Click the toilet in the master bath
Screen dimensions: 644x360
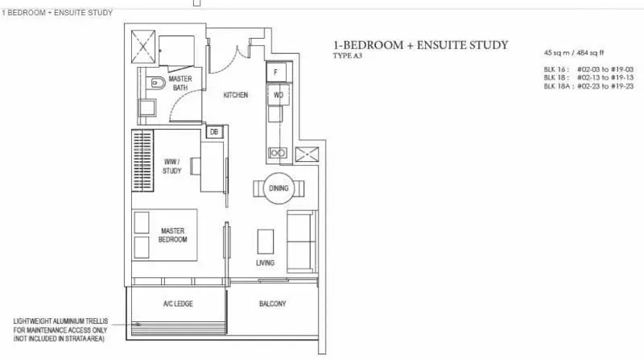click(x=155, y=84)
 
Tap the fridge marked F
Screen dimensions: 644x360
click(x=276, y=72)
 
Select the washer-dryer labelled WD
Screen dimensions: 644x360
click(x=278, y=95)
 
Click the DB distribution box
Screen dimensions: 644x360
click(x=214, y=132)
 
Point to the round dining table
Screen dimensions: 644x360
click(x=279, y=188)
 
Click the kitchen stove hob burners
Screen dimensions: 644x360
click(x=278, y=153)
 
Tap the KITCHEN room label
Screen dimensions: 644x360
click(x=235, y=95)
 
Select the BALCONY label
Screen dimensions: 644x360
click(x=272, y=304)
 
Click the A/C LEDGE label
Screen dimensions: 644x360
click(x=178, y=304)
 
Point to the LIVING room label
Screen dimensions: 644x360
click(x=266, y=263)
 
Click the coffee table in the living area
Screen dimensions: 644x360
click(x=266, y=242)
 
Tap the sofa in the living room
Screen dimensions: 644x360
click(x=302, y=242)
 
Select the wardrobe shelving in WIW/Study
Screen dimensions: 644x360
click(x=142, y=160)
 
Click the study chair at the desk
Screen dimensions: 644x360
click(x=195, y=167)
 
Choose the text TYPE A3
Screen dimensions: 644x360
click(x=348, y=56)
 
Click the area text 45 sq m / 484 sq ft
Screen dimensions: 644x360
click(x=574, y=52)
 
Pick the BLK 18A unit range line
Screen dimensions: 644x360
click(x=588, y=86)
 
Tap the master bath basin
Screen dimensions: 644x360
click(x=147, y=108)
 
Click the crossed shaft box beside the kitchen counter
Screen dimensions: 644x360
click(x=307, y=154)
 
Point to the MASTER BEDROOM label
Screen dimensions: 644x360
click(x=172, y=235)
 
